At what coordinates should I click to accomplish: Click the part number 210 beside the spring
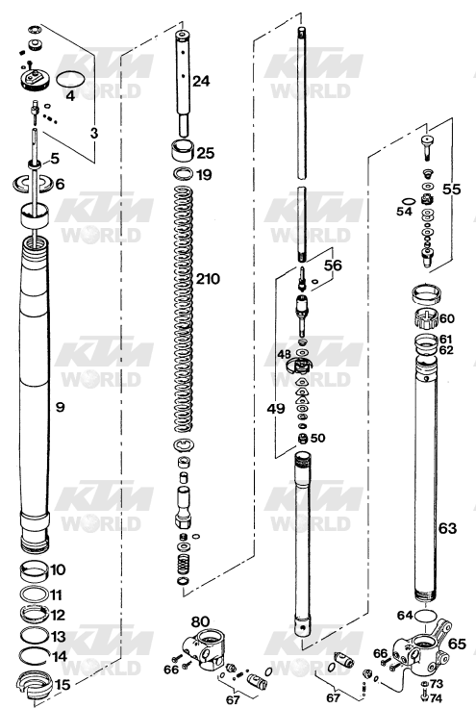click(208, 279)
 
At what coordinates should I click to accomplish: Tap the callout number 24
click(201, 81)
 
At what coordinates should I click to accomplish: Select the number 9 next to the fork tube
click(60, 407)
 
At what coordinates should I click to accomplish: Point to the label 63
click(447, 528)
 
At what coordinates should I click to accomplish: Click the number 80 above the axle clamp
click(200, 621)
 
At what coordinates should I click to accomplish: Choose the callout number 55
click(451, 189)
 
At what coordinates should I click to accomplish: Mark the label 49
click(276, 409)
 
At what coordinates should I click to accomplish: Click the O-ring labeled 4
click(70, 80)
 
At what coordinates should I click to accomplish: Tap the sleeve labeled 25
click(184, 150)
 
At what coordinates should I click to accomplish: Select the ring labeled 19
click(183, 174)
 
